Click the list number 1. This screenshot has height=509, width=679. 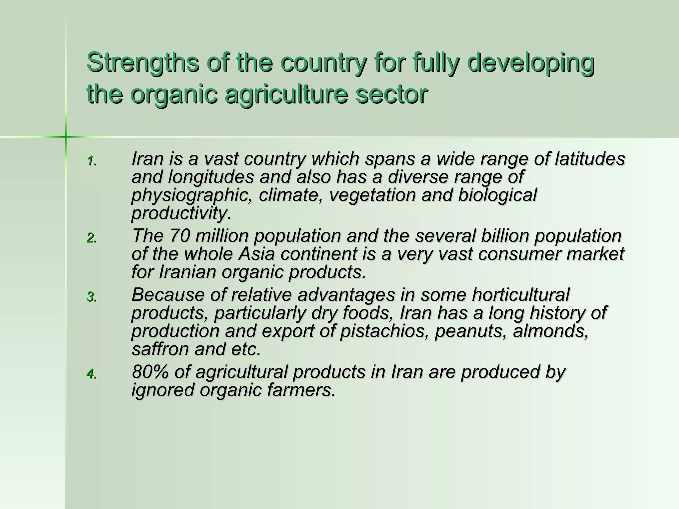[91, 161]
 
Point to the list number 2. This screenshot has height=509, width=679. [91, 238]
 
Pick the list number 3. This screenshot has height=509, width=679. [91, 297]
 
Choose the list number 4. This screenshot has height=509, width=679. [91, 374]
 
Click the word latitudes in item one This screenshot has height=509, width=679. [590, 159]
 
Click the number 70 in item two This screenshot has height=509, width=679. [180, 236]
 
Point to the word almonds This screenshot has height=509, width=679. [550, 331]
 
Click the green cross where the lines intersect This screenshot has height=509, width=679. [66, 137]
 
